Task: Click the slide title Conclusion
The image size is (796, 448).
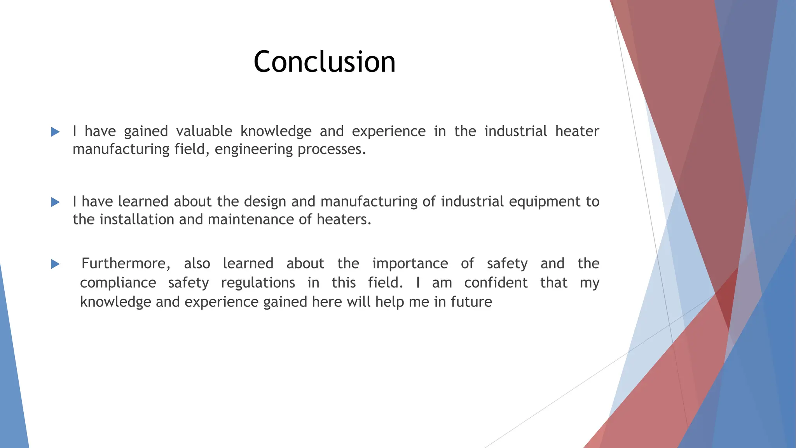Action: point(325,62)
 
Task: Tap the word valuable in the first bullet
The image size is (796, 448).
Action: point(204,131)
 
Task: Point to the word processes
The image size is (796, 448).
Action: point(332,150)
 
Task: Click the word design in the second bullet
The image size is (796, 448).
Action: point(265,202)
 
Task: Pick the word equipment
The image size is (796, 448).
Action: point(545,202)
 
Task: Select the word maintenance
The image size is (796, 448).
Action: point(251,220)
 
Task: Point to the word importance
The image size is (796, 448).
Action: point(410,264)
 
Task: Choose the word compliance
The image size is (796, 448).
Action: point(118,283)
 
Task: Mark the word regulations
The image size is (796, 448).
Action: point(258,283)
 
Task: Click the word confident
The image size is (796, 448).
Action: point(496,283)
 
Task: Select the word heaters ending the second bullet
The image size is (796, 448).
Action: point(344,220)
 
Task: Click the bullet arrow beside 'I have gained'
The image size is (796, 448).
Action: point(55,132)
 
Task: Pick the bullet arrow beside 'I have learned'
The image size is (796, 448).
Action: point(55,202)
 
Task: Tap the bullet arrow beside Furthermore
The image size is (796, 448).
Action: point(55,264)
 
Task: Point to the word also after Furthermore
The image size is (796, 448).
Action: point(197,264)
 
